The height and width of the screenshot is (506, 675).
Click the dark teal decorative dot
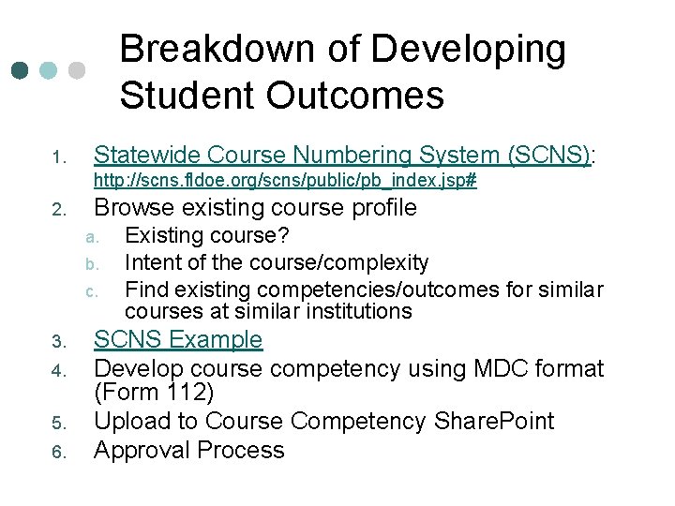point(20,71)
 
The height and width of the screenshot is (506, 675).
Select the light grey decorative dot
point(77,71)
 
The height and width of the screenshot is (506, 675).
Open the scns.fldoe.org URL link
point(285,181)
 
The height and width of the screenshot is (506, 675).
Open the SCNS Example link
point(178,339)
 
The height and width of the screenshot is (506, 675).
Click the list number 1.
point(56,156)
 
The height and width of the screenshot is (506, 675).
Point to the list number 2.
point(56,209)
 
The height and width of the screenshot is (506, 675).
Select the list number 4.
point(56,371)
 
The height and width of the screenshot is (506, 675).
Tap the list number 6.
point(56,453)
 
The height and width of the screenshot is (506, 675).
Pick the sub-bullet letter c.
point(91,291)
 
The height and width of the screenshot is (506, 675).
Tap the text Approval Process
point(189,450)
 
